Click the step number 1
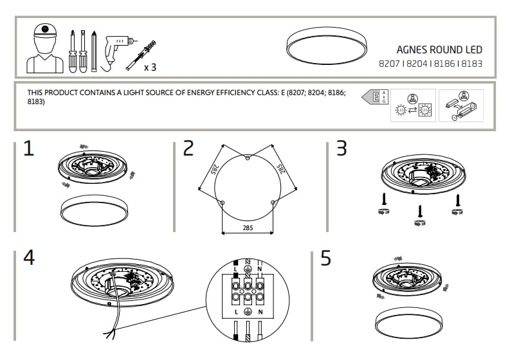[x=28, y=148]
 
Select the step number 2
[x=188, y=148]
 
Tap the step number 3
[x=342, y=148]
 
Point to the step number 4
[x=29, y=257]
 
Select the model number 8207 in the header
[x=388, y=64]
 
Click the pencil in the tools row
[x=94, y=50]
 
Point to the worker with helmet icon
[x=44, y=48]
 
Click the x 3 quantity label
[x=150, y=67]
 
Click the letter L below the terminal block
[x=237, y=311]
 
